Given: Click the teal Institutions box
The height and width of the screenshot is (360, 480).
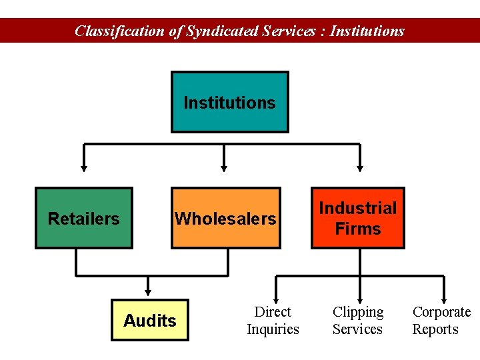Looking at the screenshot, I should [229, 102].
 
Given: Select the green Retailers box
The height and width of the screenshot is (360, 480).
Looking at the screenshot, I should [84, 218].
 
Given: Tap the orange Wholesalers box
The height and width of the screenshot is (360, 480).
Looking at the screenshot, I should [225, 218].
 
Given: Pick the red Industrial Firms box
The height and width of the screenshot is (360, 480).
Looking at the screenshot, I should [358, 218].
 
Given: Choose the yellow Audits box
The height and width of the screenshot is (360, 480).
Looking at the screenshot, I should [150, 320].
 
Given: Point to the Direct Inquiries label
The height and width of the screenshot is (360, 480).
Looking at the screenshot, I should [273, 321].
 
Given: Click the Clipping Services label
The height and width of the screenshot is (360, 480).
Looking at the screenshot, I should [358, 321].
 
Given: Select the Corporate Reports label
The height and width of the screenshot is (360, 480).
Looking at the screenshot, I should [441, 321].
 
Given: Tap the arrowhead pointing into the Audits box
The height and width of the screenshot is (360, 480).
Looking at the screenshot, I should [149, 291].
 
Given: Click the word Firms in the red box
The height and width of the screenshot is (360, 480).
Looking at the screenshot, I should [358, 229].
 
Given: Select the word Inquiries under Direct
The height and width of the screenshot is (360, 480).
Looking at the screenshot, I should [273, 329].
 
